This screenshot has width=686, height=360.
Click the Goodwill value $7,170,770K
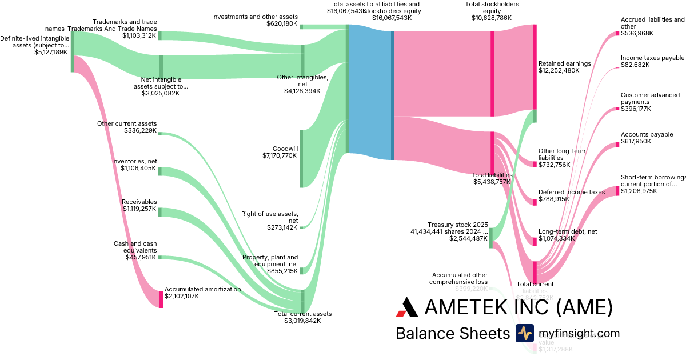[x=280, y=155]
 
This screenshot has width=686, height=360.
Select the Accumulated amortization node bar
[x=161, y=299]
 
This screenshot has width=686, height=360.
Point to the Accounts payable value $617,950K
[x=636, y=141]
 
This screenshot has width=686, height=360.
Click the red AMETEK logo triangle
[x=407, y=307]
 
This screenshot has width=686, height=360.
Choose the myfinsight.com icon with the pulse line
[x=524, y=333]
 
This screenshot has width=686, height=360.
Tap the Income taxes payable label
[x=652, y=58]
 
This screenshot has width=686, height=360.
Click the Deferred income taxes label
[x=571, y=193]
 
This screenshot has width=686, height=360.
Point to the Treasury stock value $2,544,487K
[x=468, y=238]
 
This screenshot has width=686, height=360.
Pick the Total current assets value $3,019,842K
[x=302, y=321]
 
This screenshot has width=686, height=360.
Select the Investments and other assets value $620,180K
[x=282, y=24]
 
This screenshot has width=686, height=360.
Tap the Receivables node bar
[x=160, y=212]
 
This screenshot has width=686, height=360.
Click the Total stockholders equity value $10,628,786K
[x=492, y=18]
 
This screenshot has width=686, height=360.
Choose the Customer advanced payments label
[x=650, y=98]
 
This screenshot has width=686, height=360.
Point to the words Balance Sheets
[x=452, y=334]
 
